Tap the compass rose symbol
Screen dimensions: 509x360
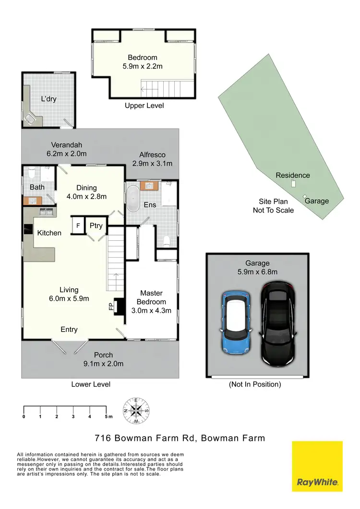click(137, 411)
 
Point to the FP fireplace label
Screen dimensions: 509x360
click(111, 306)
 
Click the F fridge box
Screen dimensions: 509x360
click(78, 225)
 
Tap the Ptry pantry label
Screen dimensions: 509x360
click(96, 225)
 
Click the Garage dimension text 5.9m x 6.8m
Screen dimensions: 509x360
click(257, 272)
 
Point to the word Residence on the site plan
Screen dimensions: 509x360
click(293, 176)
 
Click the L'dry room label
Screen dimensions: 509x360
click(49, 99)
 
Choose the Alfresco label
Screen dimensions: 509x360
click(152, 154)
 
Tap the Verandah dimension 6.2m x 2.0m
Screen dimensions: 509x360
click(66, 154)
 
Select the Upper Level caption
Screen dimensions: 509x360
click(144, 106)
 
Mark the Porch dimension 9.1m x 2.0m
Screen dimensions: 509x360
click(103, 364)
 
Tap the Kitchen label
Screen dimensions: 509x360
click(49, 233)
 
